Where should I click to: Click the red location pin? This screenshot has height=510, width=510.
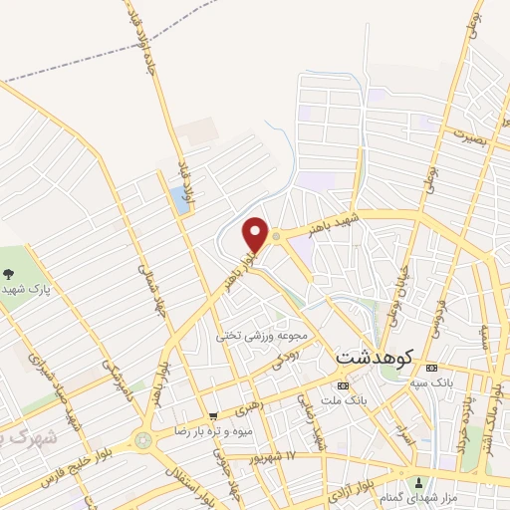pos(255,234)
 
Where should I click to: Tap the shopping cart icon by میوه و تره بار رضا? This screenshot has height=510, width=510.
pos(213,414)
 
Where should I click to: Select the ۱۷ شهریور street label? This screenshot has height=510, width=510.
pos(278,456)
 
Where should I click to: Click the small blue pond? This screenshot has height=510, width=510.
pos(180,199)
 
